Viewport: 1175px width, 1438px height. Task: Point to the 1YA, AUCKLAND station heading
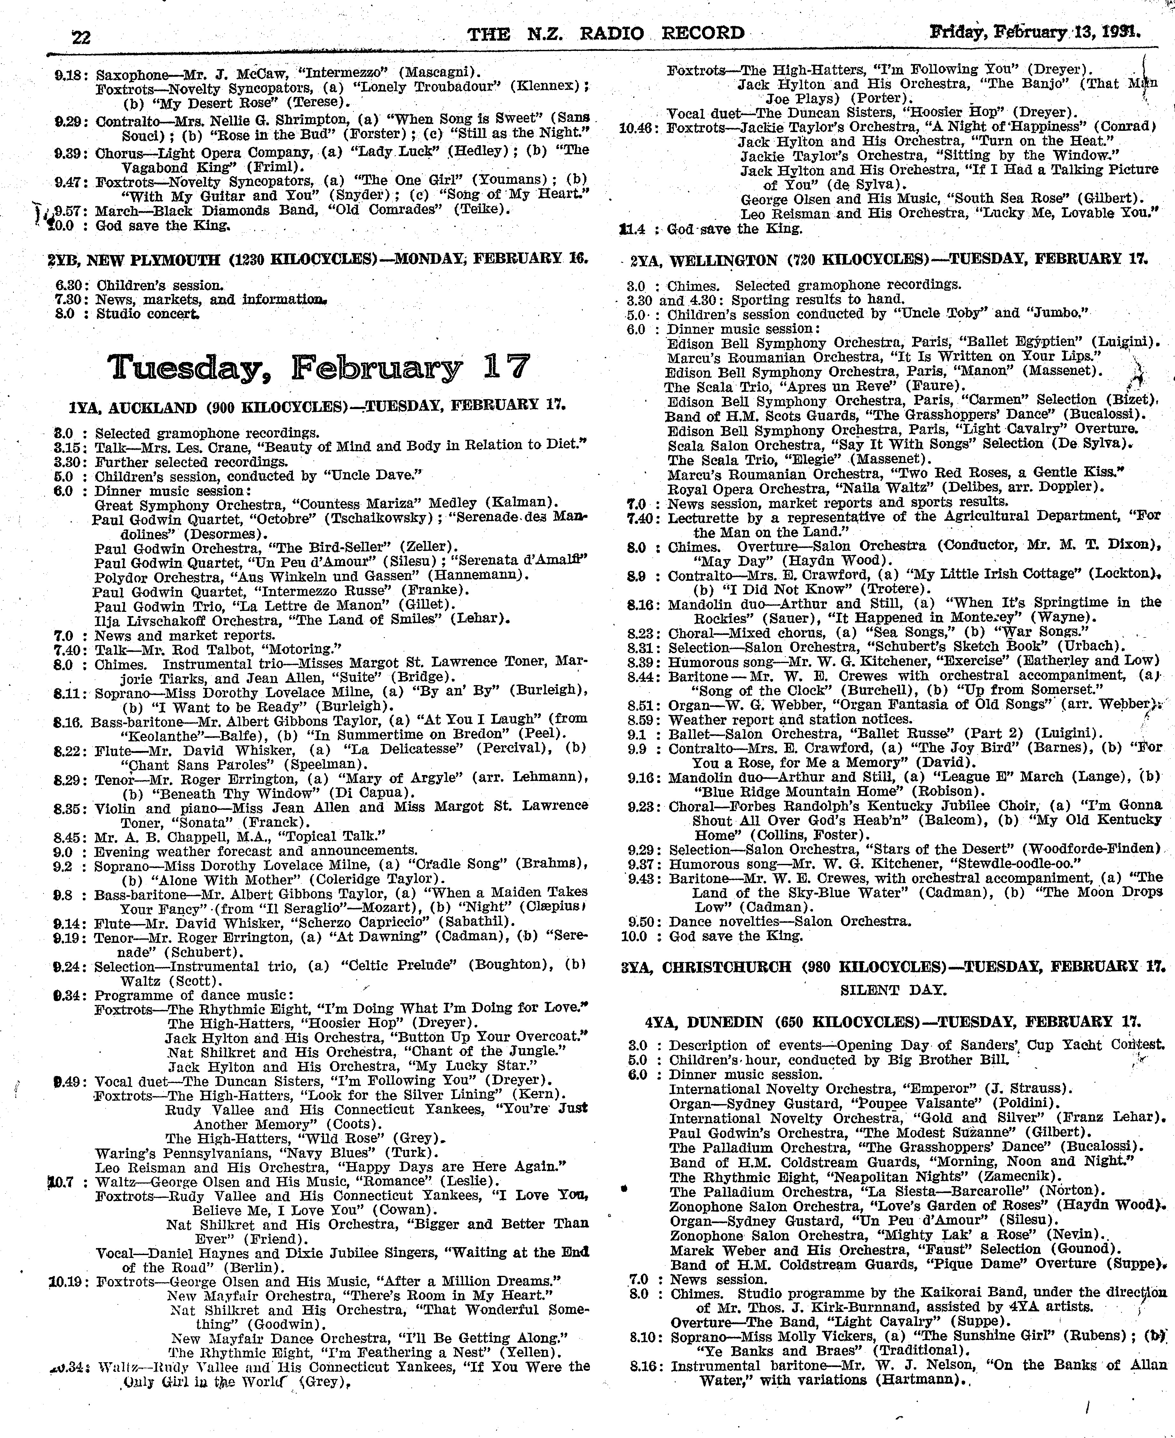317,406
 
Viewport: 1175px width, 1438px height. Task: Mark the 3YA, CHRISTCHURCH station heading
894,966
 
